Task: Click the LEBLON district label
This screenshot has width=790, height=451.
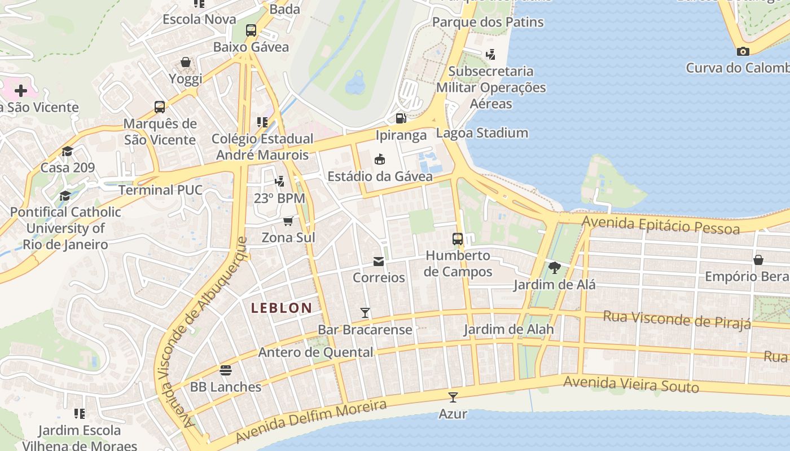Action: pos(282,308)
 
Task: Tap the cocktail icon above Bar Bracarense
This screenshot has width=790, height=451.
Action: pos(365,312)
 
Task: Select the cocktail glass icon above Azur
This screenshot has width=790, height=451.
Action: pos(453,397)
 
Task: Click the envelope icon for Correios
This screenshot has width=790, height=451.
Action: pos(378,262)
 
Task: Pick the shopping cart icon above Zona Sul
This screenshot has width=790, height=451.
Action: pos(288,220)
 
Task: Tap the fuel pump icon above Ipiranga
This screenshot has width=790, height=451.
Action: pos(401,118)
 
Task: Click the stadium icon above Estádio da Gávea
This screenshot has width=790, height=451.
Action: pos(380,160)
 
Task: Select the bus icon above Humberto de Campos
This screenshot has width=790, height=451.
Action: pos(458,238)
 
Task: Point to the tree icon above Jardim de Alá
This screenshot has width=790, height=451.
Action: pos(554,268)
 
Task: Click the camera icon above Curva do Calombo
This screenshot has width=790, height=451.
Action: pos(743,51)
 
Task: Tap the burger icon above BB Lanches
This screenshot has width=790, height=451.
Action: pos(226,370)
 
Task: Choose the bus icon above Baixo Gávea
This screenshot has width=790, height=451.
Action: pos(251,30)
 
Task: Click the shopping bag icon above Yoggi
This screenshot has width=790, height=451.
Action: pos(186,62)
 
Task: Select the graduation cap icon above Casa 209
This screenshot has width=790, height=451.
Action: pos(68,151)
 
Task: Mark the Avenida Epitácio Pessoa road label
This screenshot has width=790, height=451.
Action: pos(660,224)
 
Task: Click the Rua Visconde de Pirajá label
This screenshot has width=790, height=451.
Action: pos(677,319)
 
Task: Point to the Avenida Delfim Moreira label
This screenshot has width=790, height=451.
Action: pos(311,421)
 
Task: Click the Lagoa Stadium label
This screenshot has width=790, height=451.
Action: pos(482,133)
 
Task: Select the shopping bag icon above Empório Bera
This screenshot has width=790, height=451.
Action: pos(758,260)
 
